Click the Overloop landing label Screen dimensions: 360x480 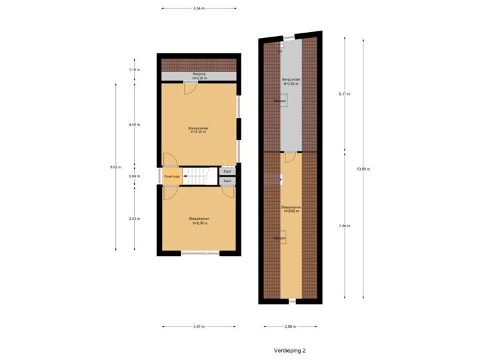[x=172, y=177]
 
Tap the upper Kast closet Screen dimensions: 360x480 [x=227, y=171]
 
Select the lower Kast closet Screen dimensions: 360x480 [x=227, y=181]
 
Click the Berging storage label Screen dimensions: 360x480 [x=199, y=75]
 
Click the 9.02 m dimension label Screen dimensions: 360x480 [x=115, y=167]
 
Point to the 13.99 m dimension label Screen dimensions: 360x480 [x=363, y=169]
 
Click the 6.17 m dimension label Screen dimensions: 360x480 [x=344, y=94]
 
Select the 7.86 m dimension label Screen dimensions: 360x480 [x=344, y=227]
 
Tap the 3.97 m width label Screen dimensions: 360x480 [x=199, y=327]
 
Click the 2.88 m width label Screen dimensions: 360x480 [x=291, y=327]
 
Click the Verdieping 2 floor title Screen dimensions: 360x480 [x=289, y=349]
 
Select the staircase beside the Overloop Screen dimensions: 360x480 [x=201, y=176]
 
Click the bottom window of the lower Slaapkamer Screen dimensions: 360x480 [x=200, y=253]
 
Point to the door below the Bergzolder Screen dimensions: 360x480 [x=291, y=157]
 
